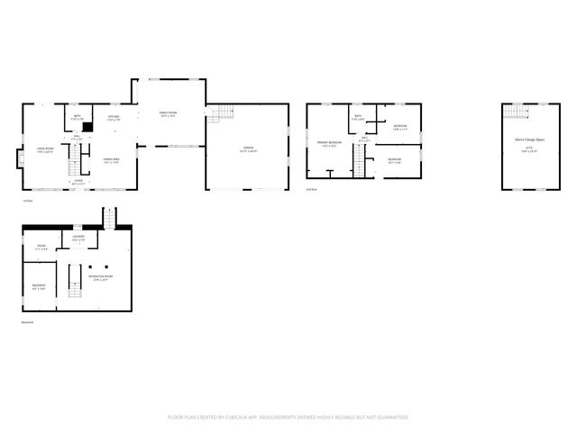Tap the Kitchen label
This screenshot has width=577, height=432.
coord(114,118)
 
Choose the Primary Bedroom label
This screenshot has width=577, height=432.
coord(328,144)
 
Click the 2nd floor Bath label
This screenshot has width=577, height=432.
coord(358,118)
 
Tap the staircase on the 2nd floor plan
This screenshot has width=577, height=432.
coord(357,164)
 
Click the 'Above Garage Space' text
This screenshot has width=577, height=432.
coord(527,140)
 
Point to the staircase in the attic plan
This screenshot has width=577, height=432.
coord(515,111)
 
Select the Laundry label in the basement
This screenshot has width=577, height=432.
coord(79,238)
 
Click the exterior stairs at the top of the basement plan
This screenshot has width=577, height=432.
coord(110,217)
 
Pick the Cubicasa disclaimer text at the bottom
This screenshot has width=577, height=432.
coord(288,418)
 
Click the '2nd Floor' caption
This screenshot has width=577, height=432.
coord(312,190)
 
